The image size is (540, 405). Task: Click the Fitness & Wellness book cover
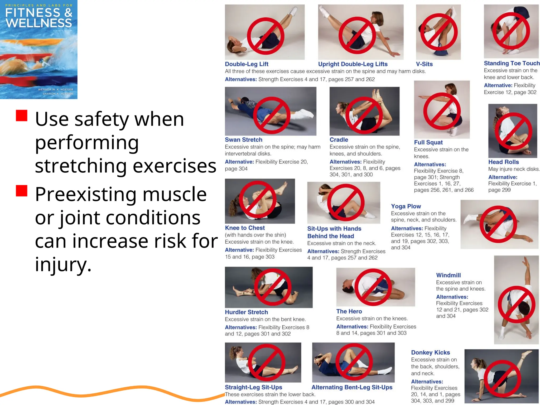[38, 49]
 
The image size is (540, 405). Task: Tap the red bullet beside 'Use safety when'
[22, 115]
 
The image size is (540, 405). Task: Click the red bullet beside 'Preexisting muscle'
[22, 191]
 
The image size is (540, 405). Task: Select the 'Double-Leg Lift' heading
[247, 64]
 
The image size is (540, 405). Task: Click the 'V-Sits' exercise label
[424, 64]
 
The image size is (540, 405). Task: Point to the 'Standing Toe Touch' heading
[512, 63]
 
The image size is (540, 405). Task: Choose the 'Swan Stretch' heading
[243, 140]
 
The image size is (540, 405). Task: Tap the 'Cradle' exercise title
[339, 140]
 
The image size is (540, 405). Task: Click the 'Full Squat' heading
[428, 142]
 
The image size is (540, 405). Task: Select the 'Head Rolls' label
[503, 162]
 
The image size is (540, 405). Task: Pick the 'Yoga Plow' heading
[406, 206]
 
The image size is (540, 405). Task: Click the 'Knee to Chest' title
[245, 228]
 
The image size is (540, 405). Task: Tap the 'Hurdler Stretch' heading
[246, 312]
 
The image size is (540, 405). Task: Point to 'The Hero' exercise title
[349, 311]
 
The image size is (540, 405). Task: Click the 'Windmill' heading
[448, 275]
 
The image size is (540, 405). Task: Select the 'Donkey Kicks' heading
[430, 353]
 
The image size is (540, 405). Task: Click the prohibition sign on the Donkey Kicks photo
[502, 378]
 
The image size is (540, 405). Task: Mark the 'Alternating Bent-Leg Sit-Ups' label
[352, 387]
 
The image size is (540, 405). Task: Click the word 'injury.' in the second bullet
[63, 264]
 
